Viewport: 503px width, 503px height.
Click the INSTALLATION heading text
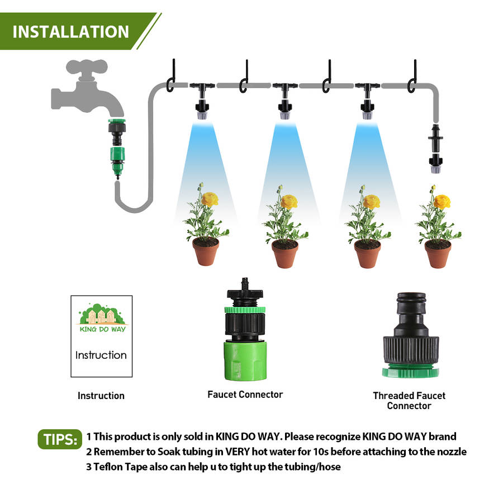point(70,32)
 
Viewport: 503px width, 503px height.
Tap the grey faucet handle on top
point(87,67)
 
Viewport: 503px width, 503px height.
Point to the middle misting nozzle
point(285,110)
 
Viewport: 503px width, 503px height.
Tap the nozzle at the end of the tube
point(435,163)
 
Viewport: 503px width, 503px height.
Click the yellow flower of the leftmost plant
point(210,198)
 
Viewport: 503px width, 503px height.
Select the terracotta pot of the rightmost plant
point(438,254)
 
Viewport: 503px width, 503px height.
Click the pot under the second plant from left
point(285,254)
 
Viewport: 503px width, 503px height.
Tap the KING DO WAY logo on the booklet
point(102,318)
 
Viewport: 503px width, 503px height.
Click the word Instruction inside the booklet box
point(101,355)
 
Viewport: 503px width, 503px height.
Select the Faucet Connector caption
point(245,395)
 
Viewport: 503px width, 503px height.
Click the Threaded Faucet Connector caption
point(409,401)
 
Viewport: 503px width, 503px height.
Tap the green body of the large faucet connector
point(245,361)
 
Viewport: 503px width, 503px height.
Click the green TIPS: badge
point(60,439)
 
